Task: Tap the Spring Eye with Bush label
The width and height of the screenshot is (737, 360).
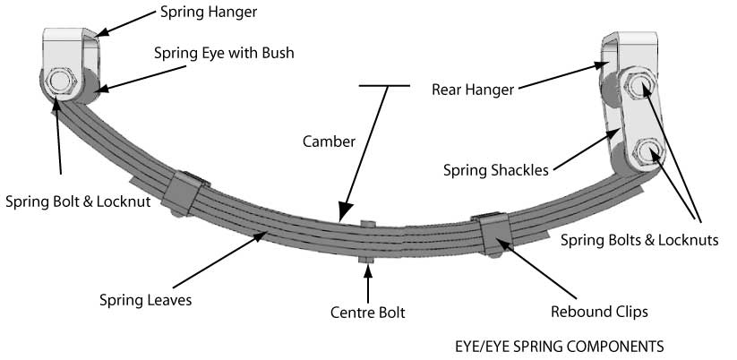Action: [x=223, y=53]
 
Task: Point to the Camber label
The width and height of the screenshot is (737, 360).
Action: [x=329, y=141]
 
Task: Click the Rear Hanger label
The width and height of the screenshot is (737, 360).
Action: [x=473, y=89]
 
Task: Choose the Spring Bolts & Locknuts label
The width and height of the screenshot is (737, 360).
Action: [x=638, y=240]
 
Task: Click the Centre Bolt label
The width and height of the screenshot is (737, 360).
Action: [x=367, y=313]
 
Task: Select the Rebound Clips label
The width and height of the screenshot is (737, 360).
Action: [x=598, y=312]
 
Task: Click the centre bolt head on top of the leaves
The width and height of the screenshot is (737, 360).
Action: [x=367, y=222]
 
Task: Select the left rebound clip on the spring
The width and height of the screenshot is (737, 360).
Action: [x=185, y=193]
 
